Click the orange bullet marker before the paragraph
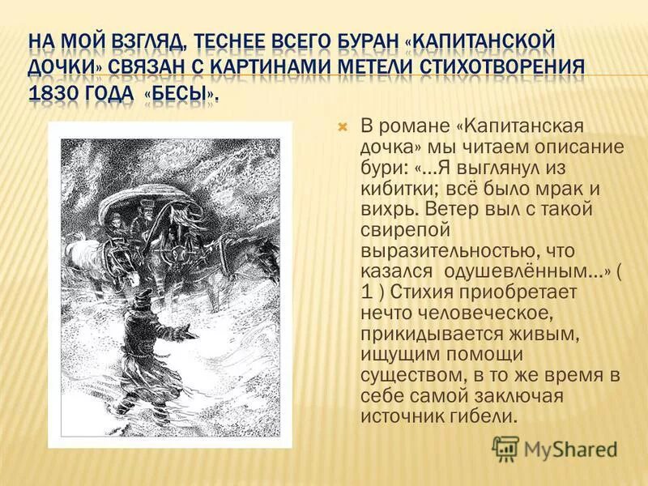point(342,128)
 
